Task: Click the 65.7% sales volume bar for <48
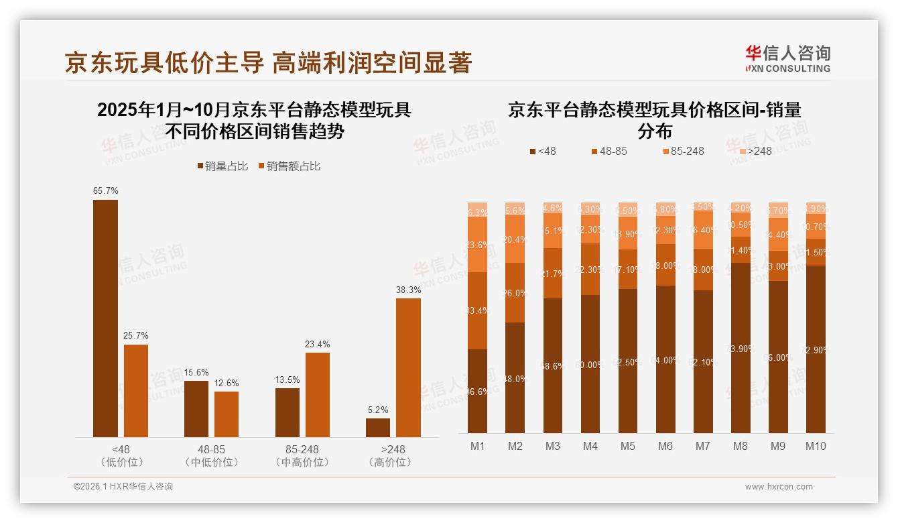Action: click(105, 318)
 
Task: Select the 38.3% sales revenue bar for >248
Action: click(408, 367)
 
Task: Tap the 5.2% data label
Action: click(377, 410)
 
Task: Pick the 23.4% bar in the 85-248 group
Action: click(318, 395)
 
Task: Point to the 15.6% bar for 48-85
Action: click(196, 409)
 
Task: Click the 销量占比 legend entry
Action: click(223, 166)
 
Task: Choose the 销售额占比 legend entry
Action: click(289, 166)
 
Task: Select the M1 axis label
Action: click(477, 447)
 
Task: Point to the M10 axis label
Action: click(816, 447)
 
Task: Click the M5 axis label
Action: click(627, 447)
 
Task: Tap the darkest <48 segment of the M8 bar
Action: click(741, 348)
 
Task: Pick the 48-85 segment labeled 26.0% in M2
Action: click(515, 293)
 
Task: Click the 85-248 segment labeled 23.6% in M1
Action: click(477, 245)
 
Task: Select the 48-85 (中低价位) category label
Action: click(211, 455)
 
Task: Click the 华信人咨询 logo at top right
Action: click(787, 58)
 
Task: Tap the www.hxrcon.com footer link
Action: click(779, 487)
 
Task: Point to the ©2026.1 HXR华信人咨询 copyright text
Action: click(123, 487)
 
